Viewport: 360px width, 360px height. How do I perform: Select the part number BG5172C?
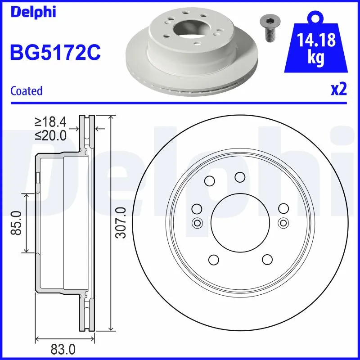pos(55,53)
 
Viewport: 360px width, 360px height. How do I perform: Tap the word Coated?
pos(26,91)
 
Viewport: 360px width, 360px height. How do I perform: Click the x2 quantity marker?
pos(339,89)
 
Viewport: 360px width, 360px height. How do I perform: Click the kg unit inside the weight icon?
pos(317,58)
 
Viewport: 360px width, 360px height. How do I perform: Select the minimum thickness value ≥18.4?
pos(50,121)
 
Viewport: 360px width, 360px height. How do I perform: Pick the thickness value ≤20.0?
pos(50,135)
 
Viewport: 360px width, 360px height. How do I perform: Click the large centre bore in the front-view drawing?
pos(240,222)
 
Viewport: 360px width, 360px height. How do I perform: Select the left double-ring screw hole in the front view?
pos(197,222)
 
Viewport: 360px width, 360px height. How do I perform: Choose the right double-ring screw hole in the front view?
pos(283,222)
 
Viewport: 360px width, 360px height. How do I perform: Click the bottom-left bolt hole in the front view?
pos(213,260)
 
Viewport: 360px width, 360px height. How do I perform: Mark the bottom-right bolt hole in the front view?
pos(267,260)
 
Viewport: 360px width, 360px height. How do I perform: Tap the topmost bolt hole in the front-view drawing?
pos(240,177)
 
